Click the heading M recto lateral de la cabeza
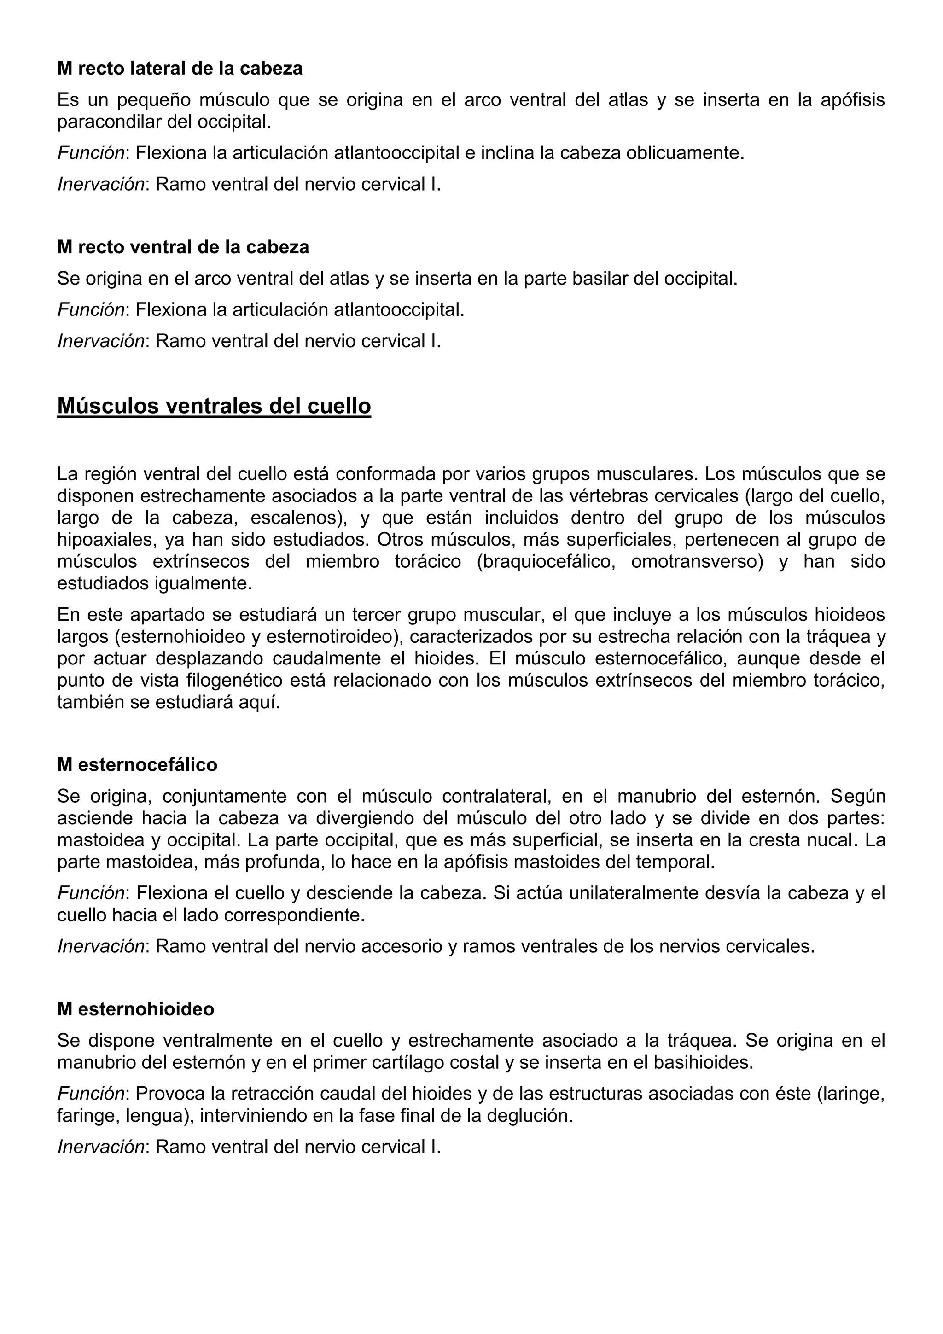[x=180, y=69]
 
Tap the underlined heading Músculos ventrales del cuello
[x=214, y=406]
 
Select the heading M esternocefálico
[x=137, y=764]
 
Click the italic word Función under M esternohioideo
[x=92, y=1094]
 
